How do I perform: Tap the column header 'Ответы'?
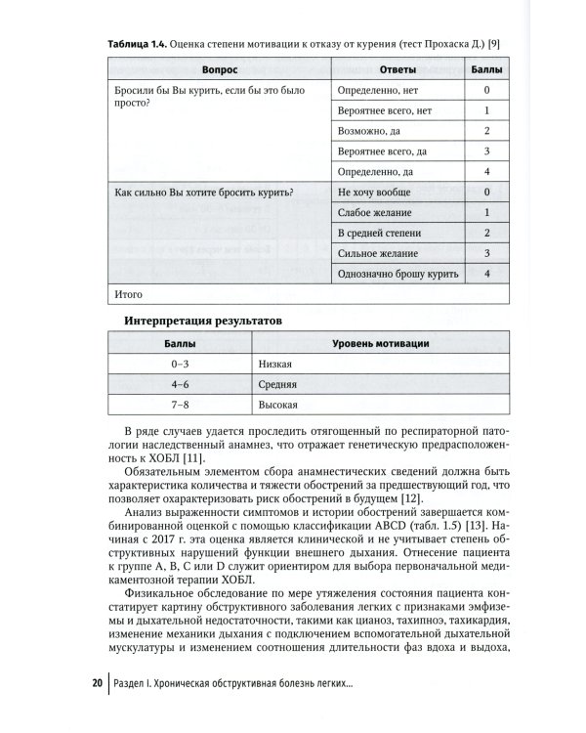[397, 70]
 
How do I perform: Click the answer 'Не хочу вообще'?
[373, 193]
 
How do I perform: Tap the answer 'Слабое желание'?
[373, 213]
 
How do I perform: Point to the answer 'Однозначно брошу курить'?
[396, 274]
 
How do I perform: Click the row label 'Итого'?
[129, 293]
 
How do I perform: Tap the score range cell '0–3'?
[179, 364]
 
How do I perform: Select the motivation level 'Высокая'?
[280, 404]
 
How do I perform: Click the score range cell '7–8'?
[179, 404]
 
